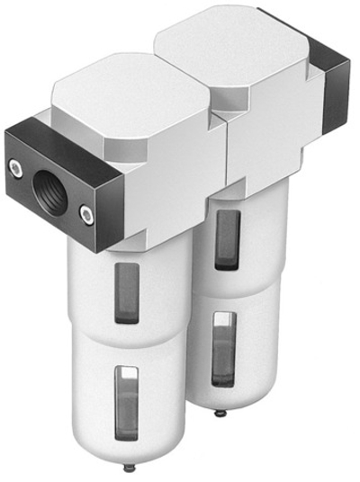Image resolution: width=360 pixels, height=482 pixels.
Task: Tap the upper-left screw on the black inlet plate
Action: click(x=15, y=165)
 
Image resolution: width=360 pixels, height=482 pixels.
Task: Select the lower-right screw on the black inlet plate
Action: click(x=85, y=213)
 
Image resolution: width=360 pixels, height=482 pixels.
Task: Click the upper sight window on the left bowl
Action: click(x=129, y=293)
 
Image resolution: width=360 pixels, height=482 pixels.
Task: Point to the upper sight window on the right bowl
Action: click(x=227, y=239)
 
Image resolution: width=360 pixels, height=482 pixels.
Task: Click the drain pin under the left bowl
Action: click(x=130, y=469)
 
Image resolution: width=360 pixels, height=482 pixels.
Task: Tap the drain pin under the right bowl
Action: click(x=220, y=414)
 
